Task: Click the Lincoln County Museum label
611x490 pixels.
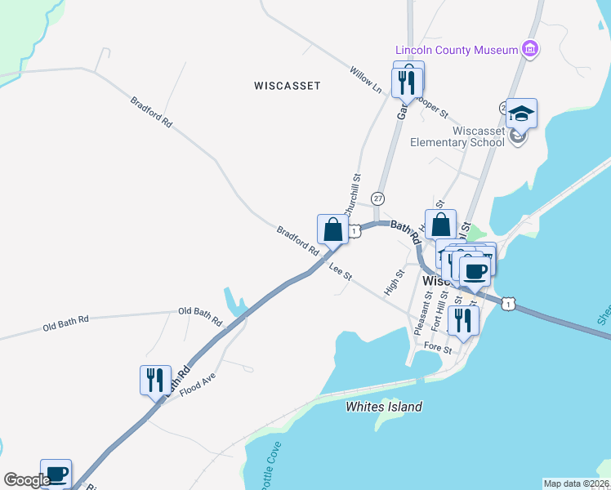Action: [x=456, y=50]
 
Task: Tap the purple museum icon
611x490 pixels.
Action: [x=531, y=49]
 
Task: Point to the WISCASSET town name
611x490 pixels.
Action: [x=287, y=85]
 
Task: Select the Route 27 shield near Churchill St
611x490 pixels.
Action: [x=377, y=198]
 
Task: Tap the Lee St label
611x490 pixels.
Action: [x=341, y=272]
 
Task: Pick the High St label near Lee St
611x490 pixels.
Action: [x=394, y=283]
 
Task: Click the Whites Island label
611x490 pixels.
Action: [x=384, y=407]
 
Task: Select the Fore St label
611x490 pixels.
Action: [x=438, y=348]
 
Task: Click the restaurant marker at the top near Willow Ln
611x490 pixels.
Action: [x=408, y=80]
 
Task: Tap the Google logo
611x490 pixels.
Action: [x=27, y=480]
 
